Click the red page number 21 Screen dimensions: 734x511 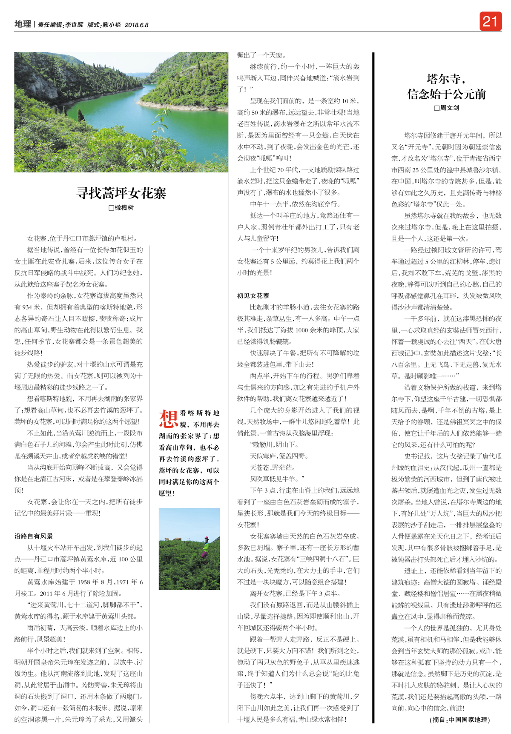tap(490, 21)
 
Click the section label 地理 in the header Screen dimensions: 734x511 tap(23, 24)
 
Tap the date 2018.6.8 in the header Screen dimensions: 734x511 tap(136, 25)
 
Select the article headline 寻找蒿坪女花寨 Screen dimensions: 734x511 tap(121, 193)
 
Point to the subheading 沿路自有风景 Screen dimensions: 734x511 tap(34, 536)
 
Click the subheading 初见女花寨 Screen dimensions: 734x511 tap(253, 295)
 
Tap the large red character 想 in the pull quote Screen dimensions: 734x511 tap(168, 419)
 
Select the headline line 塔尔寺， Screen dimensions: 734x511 tap(446, 79)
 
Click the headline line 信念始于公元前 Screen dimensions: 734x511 tap(446, 94)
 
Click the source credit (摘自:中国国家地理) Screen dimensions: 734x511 tap(460, 720)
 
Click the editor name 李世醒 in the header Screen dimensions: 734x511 tap(74, 25)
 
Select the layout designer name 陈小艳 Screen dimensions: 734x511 tap(112, 25)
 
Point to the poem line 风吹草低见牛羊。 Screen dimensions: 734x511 tap(277, 479)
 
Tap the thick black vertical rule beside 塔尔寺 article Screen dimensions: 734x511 tap(373, 383)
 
